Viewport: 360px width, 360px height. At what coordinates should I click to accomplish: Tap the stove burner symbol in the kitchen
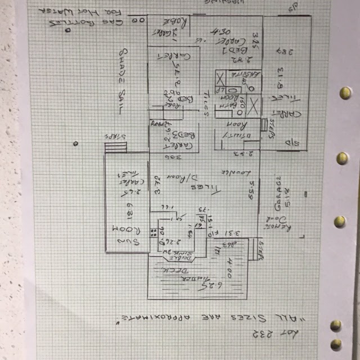(152, 232)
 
